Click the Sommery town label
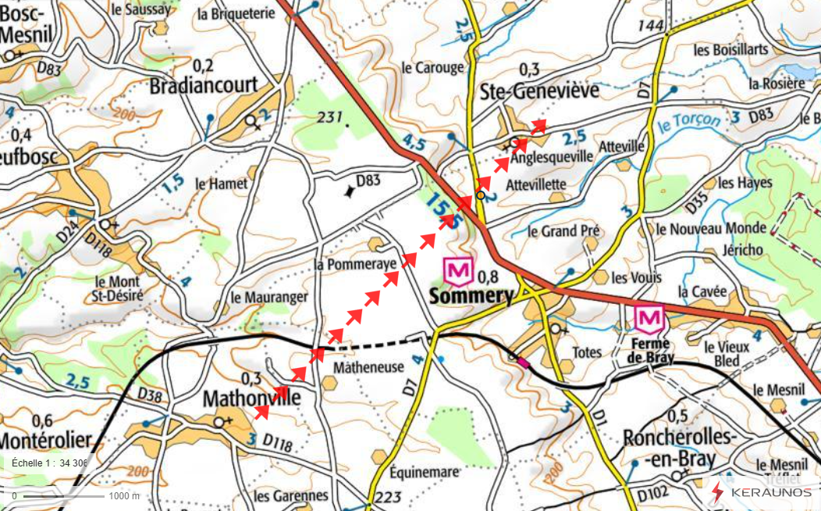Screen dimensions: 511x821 point(471,297)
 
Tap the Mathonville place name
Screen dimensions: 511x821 point(251,398)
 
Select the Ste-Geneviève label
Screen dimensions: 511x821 point(539,91)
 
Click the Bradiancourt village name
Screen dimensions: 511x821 point(204,84)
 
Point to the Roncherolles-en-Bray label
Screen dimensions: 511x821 point(678,447)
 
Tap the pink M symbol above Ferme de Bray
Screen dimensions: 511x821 point(650,319)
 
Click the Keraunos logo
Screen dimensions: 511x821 point(760,492)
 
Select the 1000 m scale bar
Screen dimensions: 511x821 point(58,495)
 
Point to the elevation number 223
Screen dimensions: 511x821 point(387,498)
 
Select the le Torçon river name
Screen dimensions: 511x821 point(688,123)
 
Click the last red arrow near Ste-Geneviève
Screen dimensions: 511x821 point(538,125)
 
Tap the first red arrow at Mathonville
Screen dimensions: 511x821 point(262,411)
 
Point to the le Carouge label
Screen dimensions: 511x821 point(432,68)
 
